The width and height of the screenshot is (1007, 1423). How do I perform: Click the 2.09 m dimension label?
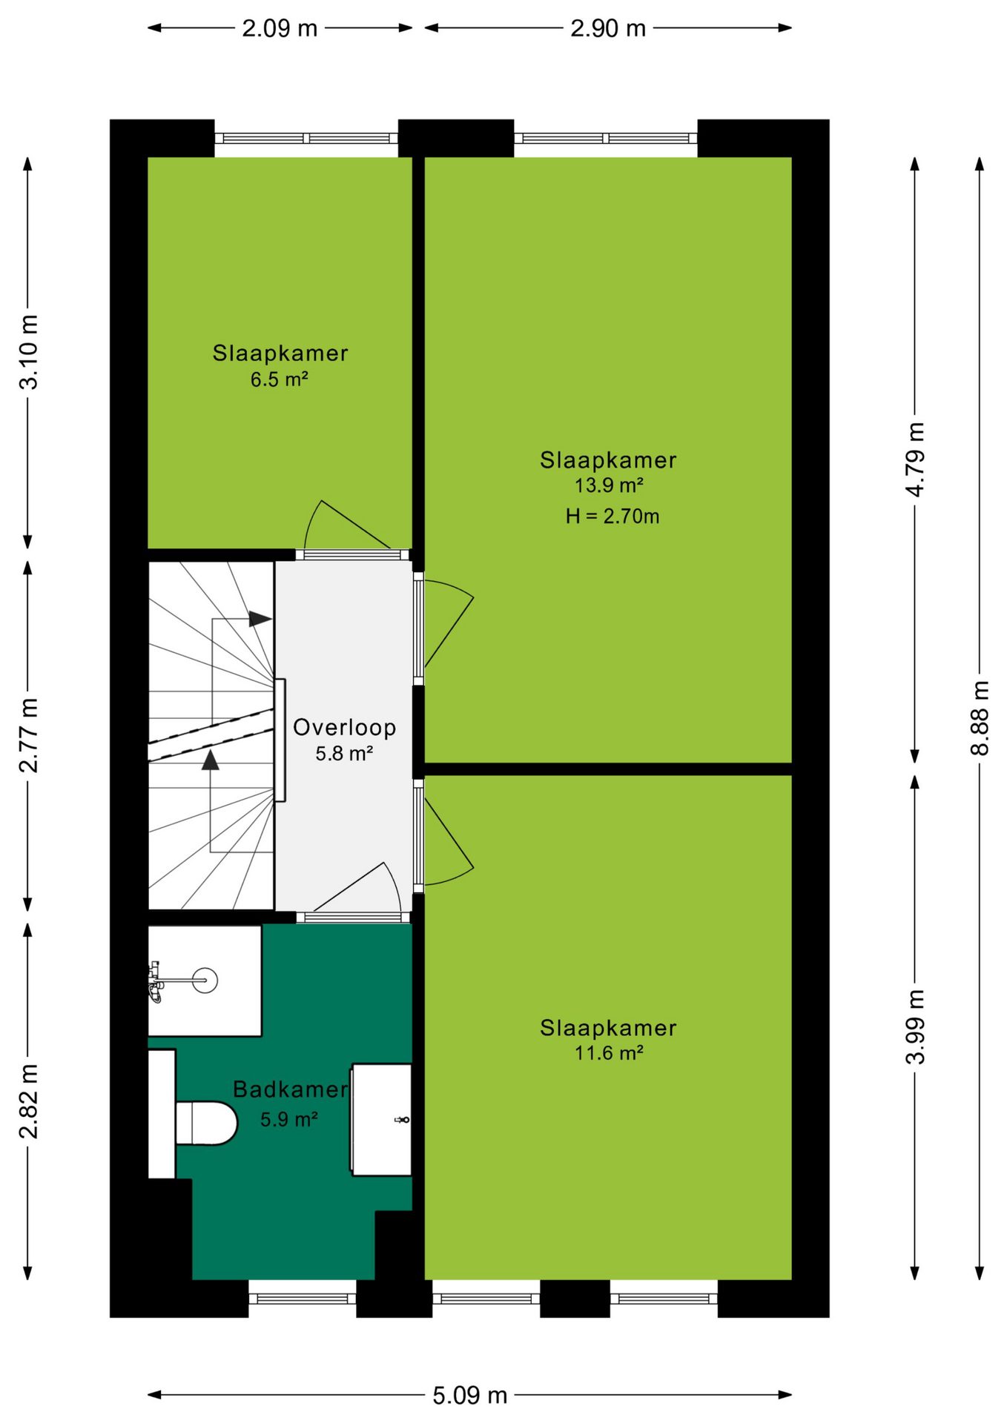280,28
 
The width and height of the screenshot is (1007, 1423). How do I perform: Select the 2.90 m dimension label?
608,28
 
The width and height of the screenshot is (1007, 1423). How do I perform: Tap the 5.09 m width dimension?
470,1396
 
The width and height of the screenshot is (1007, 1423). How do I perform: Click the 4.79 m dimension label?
916,460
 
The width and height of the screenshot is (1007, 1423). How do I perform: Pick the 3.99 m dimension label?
916,1026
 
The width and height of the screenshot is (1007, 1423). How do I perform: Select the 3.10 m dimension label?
28,352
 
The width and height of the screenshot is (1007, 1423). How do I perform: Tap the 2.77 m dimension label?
28,735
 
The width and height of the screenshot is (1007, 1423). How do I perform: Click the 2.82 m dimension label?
28,1101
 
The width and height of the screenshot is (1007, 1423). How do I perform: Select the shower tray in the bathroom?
205,981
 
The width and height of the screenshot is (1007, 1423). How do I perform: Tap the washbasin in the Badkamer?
381,1119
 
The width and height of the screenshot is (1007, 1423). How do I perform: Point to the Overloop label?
345,727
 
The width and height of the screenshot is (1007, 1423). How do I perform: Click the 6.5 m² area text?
279,379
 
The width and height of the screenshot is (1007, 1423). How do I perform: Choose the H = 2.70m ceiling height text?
613,516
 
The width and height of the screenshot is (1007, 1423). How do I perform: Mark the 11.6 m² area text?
609,1052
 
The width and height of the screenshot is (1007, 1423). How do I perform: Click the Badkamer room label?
290,1089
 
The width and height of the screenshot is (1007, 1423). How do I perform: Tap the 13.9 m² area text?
609,485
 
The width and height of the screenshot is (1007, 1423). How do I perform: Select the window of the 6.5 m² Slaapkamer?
306,138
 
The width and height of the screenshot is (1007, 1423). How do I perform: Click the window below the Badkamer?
303,1298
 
